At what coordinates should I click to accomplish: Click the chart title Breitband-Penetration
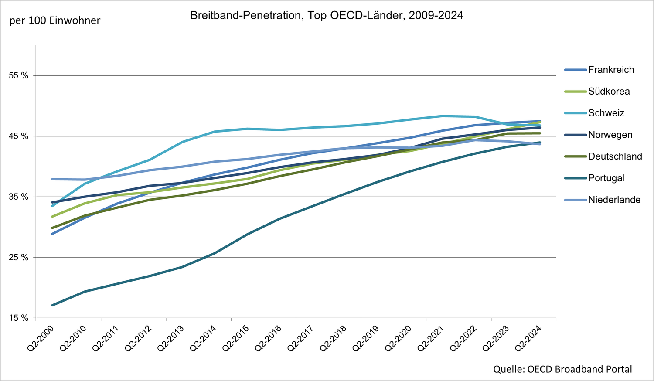coord(327,16)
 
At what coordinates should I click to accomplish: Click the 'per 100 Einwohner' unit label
coord(55,20)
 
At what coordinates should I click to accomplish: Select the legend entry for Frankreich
coord(610,70)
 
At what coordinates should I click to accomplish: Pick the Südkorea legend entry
coord(609,92)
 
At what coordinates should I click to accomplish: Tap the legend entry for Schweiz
coord(606,113)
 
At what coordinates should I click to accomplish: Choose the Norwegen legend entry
coord(610,135)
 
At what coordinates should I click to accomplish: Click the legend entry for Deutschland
coord(615,156)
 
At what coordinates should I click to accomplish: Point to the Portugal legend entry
coord(606,178)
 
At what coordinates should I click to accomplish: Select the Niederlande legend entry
coord(614,200)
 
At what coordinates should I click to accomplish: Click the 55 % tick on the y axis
coord(18,76)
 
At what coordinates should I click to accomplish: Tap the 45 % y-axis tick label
coord(18,136)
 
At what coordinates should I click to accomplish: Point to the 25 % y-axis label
coord(18,258)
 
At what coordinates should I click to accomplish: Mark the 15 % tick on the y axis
coord(18,318)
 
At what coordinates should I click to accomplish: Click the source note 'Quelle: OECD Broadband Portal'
coord(562,369)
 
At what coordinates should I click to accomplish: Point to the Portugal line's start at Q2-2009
coord(52,305)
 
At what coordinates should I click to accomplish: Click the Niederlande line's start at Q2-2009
coord(52,179)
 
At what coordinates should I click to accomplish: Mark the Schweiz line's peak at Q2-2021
coord(443,116)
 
